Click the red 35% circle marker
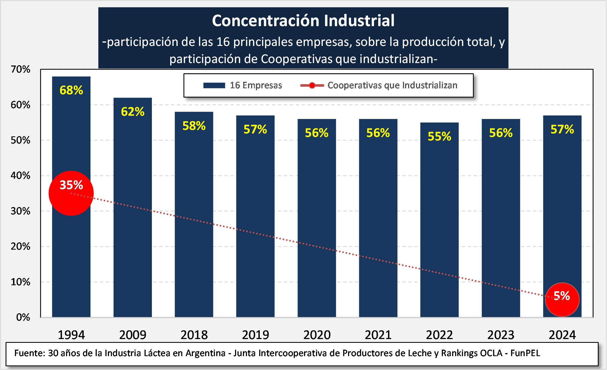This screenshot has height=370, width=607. coord(71,193)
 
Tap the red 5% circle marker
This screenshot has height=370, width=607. coord(562,299)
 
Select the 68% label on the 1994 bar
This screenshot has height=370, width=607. coord(71,90)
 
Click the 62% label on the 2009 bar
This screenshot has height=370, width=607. coord(133,112)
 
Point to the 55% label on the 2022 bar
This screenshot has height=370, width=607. coord(439,136)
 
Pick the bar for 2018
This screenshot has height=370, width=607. coord(194,217)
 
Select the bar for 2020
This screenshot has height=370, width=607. coord(317,217)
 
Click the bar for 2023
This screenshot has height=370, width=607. coord(501,217)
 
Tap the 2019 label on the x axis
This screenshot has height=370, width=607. coord(255,335)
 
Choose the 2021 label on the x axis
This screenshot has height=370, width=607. coord(378,335)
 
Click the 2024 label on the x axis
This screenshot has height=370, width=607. coord(562,335)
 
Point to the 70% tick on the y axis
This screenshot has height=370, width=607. coord(20,69)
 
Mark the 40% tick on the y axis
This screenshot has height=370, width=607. coord(20,175)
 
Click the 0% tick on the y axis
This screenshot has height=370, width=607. coord(23,317)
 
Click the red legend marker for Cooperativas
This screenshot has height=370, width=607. coord(312,85)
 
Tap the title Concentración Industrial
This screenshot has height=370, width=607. coord(303,21)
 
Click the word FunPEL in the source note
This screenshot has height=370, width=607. coord(525,353)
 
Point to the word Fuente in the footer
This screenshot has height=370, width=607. coord(29,353)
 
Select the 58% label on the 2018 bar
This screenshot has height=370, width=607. coord(194,126)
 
